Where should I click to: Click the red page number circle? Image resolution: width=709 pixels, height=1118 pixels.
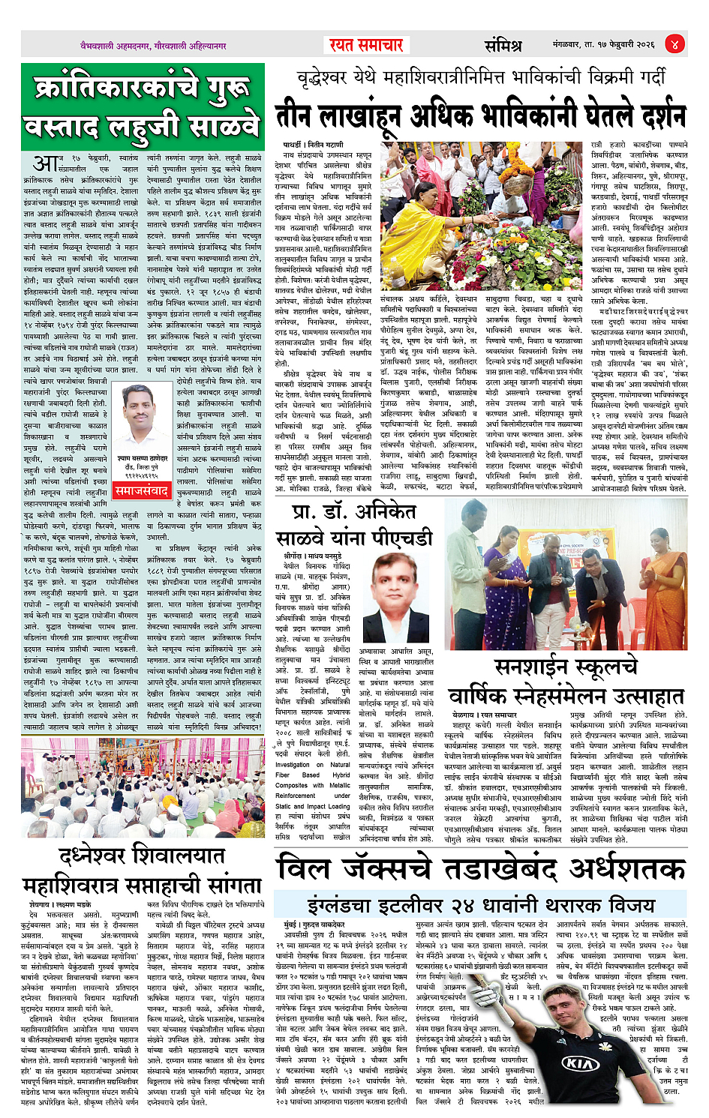tap(674, 44)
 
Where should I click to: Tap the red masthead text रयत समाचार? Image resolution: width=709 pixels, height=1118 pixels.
tap(365, 45)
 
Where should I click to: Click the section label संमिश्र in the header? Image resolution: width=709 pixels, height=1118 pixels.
tap(503, 45)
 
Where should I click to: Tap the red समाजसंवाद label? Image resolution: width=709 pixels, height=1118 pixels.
tap(141, 491)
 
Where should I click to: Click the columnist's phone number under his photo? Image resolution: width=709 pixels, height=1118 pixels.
tap(140, 475)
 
